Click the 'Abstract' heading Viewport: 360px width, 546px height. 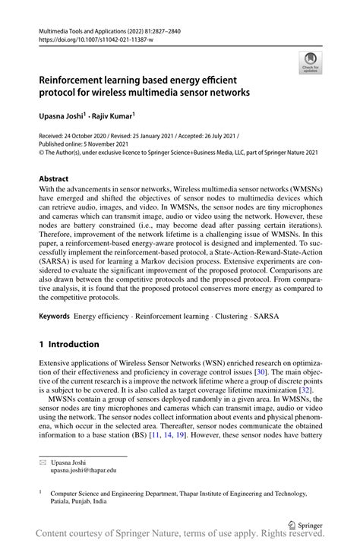point(58,179)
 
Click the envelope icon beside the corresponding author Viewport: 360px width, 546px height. point(43,461)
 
